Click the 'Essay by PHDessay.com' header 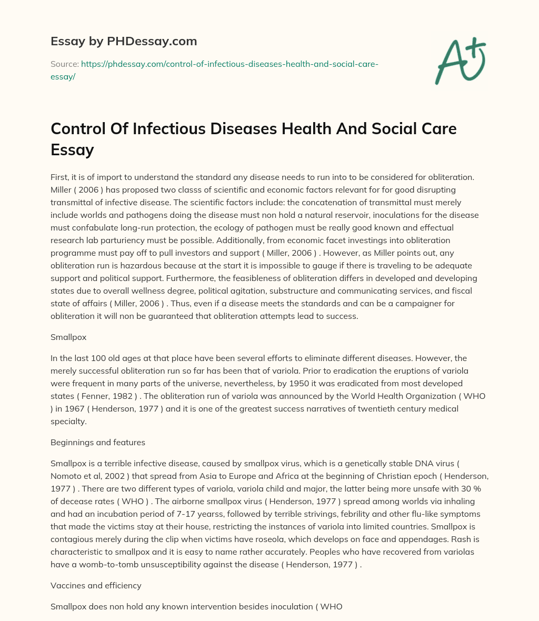(124, 41)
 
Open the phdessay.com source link (228, 64)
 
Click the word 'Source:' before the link (64, 64)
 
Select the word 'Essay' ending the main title (72, 150)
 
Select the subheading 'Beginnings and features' (98, 443)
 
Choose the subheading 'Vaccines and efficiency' (95, 586)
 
